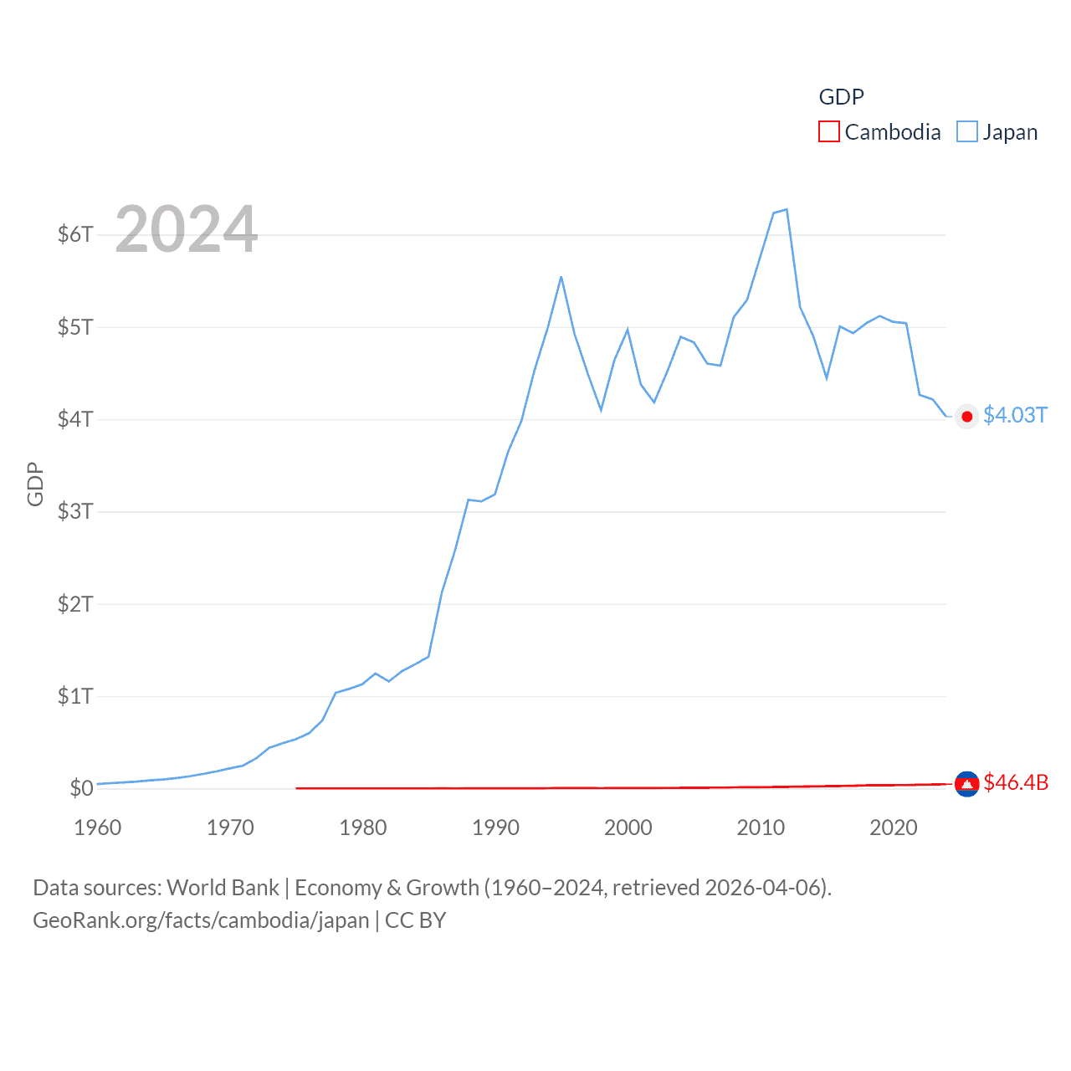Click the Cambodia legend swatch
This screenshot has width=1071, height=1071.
click(x=828, y=132)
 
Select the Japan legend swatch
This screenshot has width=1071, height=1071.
click(x=967, y=132)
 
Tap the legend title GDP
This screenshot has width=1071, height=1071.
click(x=841, y=97)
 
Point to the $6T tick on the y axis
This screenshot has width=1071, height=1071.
click(x=75, y=234)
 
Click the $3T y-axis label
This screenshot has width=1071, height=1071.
click(x=75, y=511)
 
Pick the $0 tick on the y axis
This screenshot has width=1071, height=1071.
click(x=81, y=788)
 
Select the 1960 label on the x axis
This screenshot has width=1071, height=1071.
click(x=98, y=828)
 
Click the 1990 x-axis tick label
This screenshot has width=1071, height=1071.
click(x=495, y=828)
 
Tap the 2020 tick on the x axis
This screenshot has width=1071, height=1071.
click(x=894, y=828)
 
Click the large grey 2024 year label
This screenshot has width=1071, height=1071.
click(x=187, y=229)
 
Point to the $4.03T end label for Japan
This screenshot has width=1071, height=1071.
click(x=1015, y=416)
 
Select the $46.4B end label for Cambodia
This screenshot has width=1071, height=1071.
click(x=1016, y=782)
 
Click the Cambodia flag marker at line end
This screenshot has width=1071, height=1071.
click(x=966, y=784)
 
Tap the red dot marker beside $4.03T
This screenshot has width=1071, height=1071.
click(x=967, y=417)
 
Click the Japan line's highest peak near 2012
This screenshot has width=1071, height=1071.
click(x=787, y=210)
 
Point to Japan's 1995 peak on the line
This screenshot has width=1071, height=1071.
click(x=561, y=277)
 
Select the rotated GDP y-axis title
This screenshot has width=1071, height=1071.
click(x=35, y=484)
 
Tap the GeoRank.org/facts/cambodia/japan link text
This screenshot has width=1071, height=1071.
click(x=201, y=920)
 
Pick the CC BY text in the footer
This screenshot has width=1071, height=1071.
click(x=415, y=920)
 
